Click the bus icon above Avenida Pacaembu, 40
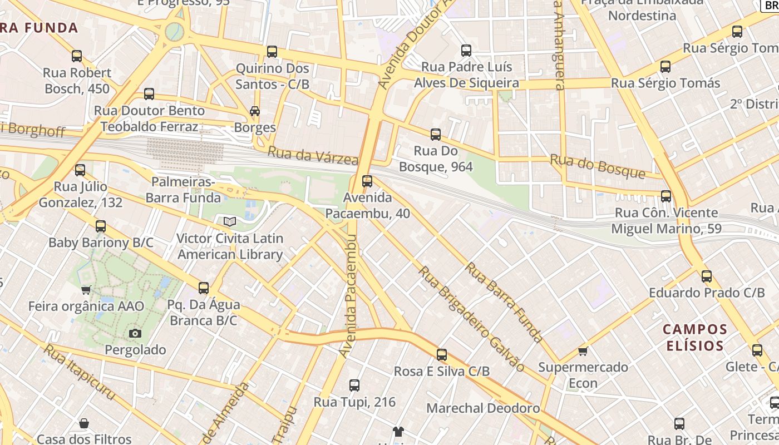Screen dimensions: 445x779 [x=367, y=181]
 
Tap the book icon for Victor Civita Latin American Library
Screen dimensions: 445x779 [x=230, y=222]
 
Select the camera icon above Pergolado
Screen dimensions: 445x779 [x=135, y=333]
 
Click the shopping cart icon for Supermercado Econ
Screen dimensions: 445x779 [x=583, y=351]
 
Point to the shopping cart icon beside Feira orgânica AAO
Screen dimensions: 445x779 [x=86, y=290]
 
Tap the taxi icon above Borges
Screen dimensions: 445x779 [x=254, y=111]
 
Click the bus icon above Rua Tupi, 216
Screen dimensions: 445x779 [x=354, y=385]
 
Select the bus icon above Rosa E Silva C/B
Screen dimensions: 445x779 [x=441, y=354]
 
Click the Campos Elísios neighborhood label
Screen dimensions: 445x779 [x=694, y=337]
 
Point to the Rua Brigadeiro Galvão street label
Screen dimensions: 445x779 [x=471, y=319]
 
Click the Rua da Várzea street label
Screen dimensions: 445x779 [x=313, y=156]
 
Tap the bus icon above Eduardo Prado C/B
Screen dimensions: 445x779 [x=706, y=276]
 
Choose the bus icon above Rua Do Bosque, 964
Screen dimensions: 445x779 [x=435, y=134]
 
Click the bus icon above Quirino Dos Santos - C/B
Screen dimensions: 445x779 [x=272, y=52]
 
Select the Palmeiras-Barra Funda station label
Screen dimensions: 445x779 [x=183, y=190]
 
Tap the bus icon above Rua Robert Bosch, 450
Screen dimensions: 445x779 [x=77, y=56]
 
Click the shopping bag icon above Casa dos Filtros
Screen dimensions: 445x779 [x=83, y=423]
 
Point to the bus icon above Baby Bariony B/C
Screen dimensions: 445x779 [x=100, y=226]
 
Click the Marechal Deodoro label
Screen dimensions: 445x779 [x=482, y=408]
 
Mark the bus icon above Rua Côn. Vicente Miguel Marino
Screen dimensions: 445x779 [x=665, y=196]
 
